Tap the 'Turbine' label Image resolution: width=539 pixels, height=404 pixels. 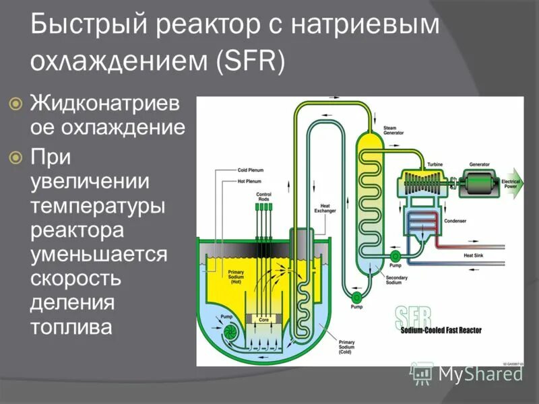click(x=433, y=164)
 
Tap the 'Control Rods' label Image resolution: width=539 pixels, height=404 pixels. click(x=263, y=197)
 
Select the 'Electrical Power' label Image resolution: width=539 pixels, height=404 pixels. click(x=509, y=182)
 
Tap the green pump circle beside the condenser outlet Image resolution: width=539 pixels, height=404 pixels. click(x=395, y=256)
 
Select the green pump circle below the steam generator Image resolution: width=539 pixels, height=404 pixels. click(x=354, y=296)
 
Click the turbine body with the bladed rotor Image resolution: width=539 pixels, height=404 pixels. click(x=423, y=182)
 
